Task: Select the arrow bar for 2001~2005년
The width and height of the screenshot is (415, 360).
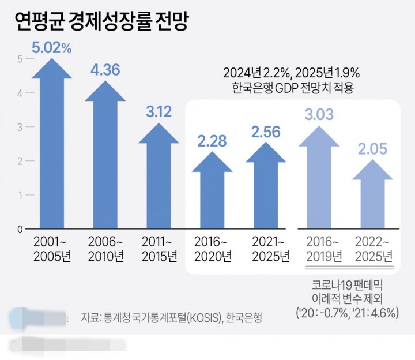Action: coord(52,150)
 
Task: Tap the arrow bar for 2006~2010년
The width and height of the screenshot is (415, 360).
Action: coord(105,162)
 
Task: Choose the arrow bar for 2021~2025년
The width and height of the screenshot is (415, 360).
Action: coord(266,190)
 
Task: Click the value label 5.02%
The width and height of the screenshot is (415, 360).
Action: coord(52,48)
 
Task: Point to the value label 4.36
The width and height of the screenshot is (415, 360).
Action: coord(105,70)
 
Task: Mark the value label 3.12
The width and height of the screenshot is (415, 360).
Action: coord(159,112)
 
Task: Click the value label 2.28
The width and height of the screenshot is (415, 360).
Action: coord(212,140)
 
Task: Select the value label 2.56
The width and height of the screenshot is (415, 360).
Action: coord(266,132)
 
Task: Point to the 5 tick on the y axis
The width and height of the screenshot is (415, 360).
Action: coord(20,59)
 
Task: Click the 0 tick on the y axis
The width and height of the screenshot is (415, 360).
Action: coord(20,229)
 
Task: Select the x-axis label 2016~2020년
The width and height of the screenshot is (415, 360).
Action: coord(212,248)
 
